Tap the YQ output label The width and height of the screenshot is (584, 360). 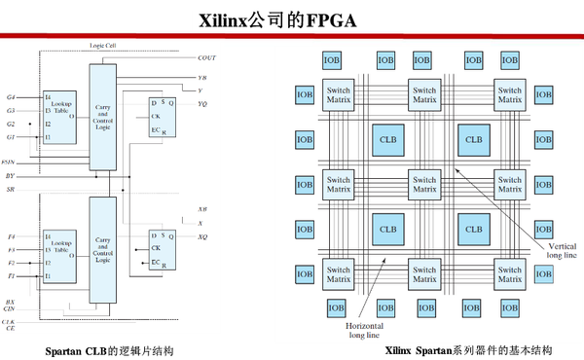pyautogui.click(x=201, y=103)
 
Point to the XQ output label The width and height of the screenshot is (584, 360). pyautogui.click(x=201, y=237)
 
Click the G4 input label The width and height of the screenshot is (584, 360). pyautogui.click(x=11, y=97)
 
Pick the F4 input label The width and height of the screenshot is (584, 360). pyautogui.click(x=11, y=236)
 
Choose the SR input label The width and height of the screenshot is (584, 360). pyautogui.click(x=10, y=190)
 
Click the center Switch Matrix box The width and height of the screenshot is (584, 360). pyautogui.click(x=423, y=184)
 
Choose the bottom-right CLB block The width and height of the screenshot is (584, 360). pyautogui.click(x=473, y=231)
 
